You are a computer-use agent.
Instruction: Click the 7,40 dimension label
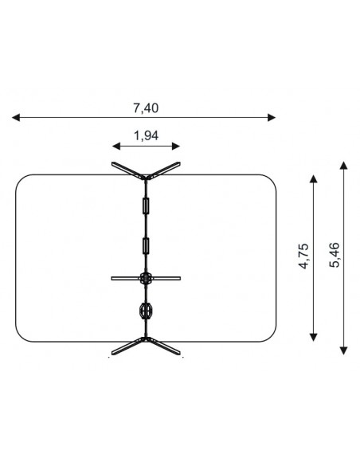click(x=146, y=108)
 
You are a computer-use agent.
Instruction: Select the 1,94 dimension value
click(x=146, y=136)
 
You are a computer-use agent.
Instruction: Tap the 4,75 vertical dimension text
click(x=303, y=256)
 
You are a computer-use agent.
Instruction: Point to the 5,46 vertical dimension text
click(x=335, y=255)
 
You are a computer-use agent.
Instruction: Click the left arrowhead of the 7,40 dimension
click(x=16, y=118)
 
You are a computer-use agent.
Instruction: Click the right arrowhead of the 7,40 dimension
click(x=272, y=118)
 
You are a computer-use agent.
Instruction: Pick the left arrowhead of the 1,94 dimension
click(x=116, y=146)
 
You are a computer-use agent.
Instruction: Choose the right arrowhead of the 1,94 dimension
click(x=176, y=146)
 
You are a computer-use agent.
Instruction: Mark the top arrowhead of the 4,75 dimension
click(x=313, y=178)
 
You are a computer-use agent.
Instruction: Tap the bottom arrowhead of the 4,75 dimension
click(x=313, y=337)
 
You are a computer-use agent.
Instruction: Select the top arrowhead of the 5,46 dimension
click(x=344, y=165)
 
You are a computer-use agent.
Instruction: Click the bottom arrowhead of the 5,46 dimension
click(x=344, y=350)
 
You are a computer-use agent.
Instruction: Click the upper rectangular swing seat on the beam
click(x=146, y=206)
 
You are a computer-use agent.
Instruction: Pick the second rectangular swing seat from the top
click(x=146, y=246)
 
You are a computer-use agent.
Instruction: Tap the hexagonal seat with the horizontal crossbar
click(x=146, y=278)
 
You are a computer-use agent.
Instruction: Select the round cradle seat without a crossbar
click(x=146, y=311)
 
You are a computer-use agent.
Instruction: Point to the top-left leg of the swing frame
click(x=127, y=170)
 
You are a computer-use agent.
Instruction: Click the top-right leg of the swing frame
click(x=164, y=170)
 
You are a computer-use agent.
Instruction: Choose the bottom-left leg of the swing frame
click(x=127, y=346)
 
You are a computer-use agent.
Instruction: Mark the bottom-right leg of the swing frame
click(x=164, y=346)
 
